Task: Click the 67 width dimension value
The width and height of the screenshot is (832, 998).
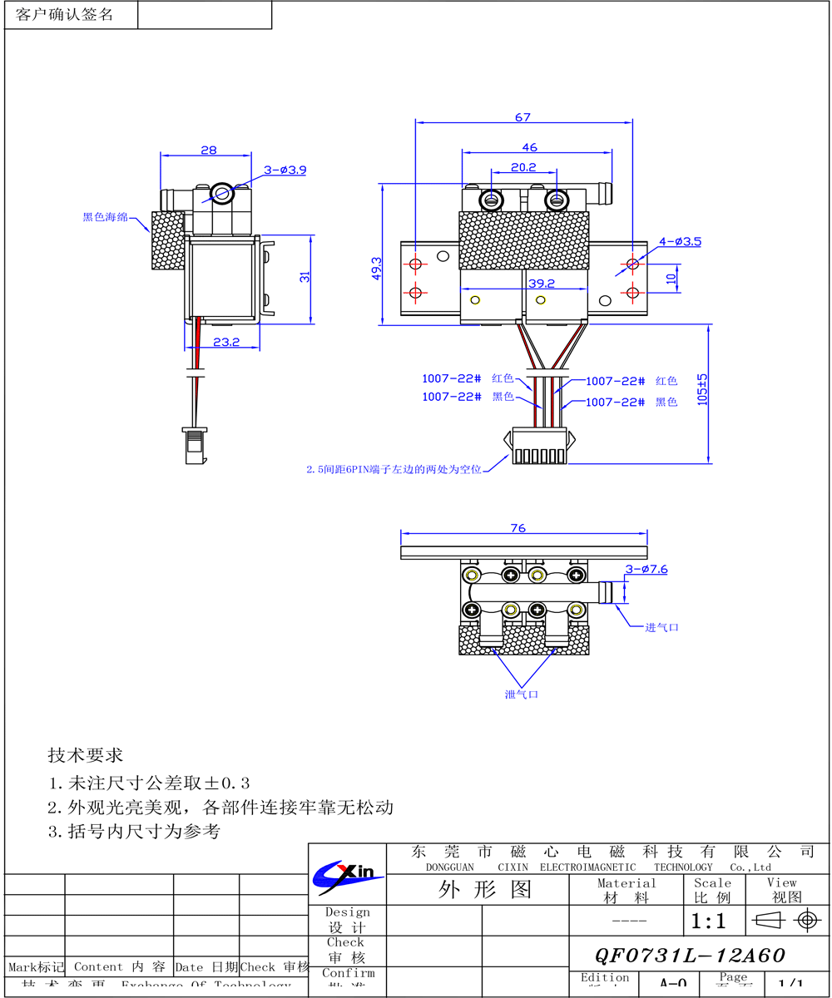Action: coord(522,117)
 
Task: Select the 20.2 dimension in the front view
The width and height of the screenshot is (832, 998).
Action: coord(522,167)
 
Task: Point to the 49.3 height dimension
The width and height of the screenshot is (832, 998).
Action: coord(377,268)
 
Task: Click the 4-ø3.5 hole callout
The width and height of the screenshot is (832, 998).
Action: coord(681,242)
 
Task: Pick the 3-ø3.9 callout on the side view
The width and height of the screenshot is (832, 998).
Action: coord(285,170)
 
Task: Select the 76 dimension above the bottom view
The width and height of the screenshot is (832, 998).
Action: coord(518,528)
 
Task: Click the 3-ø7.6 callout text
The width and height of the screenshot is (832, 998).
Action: coord(646,569)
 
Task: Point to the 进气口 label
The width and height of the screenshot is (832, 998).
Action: coord(661,627)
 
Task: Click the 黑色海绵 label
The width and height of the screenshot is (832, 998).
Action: coord(105,218)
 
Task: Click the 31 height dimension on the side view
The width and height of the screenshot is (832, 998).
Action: coord(305,278)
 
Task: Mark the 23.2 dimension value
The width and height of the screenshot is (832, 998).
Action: coord(225,342)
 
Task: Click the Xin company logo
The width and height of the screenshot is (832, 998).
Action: coord(347,873)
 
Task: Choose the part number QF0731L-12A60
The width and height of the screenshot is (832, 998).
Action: coord(690,956)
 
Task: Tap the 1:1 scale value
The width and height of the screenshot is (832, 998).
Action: coord(708,921)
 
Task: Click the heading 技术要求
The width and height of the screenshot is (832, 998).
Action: coord(85,756)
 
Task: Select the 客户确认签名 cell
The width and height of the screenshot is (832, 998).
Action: coord(65,15)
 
